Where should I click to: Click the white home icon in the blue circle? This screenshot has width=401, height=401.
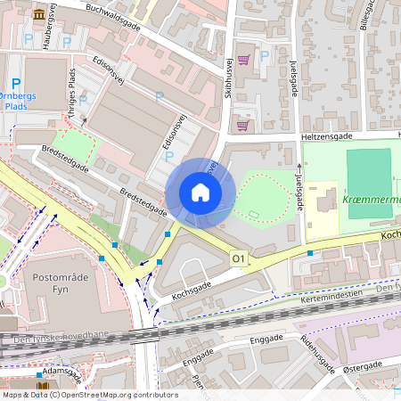point(200,192)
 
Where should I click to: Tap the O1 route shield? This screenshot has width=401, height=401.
point(238,258)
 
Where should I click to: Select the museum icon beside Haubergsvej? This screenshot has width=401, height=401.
point(39,15)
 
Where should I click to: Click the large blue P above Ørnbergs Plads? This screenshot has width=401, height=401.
point(16,83)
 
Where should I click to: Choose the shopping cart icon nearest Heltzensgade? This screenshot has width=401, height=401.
point(241,126)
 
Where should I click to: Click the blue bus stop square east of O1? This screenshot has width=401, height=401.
point(310,253)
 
